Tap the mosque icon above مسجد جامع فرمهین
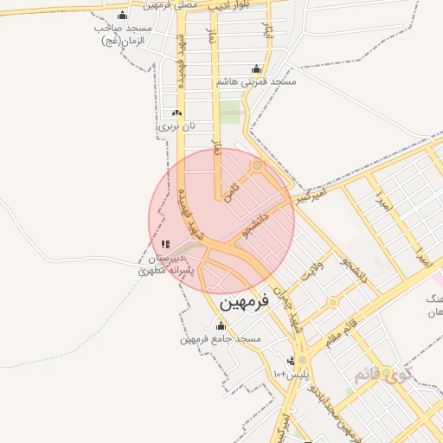coord(221,326)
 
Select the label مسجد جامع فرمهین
coord(221,339)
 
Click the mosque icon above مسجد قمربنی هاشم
coord(255,68)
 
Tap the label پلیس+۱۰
coord(291,375)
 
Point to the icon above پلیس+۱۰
coord(292,361)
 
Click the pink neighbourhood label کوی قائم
coord(382,376)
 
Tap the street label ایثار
coord(268,37)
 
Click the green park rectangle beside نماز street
coord(229,112)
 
